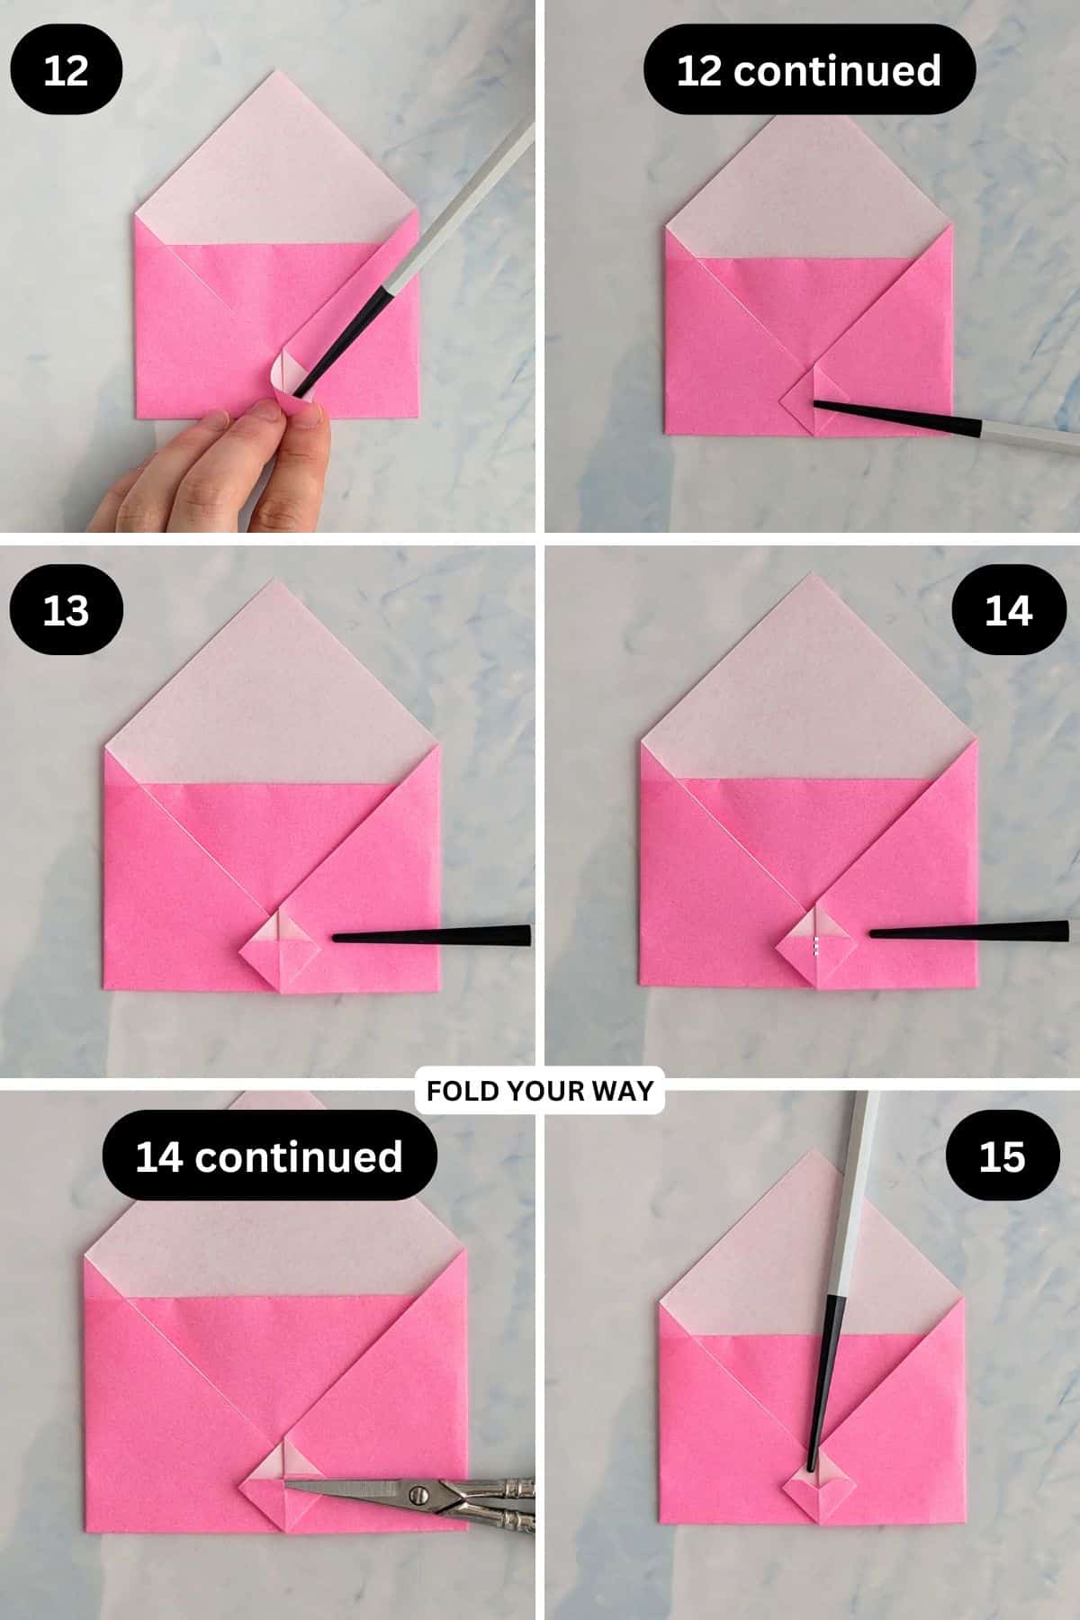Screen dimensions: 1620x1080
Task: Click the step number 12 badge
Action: [66, 70]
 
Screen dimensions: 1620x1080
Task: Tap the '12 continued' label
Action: [808, 70]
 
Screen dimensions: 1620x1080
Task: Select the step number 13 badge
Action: [66, 610]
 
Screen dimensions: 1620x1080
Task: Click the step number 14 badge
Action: [1009, 610]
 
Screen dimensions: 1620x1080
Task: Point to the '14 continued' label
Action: [269, 1156]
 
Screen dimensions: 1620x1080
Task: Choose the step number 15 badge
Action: [1002, 1156]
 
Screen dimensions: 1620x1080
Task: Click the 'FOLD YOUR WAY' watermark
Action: [539, 1091]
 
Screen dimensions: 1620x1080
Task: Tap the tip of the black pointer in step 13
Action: [336, 939]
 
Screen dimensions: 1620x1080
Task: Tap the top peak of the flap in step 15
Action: [812, 1153]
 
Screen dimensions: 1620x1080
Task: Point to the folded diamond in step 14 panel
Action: [815, 943]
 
